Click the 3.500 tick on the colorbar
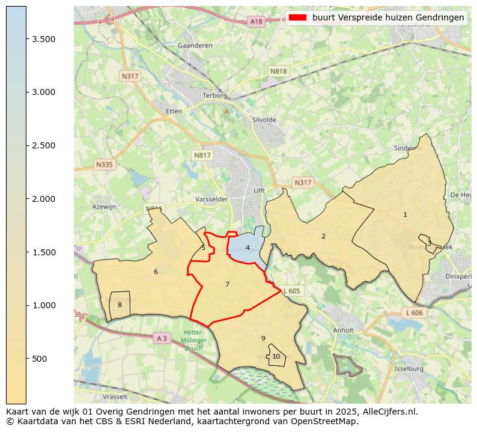coord(26,39)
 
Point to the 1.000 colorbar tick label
coord(44,305)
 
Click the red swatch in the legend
coord(297,17)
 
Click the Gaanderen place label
coord(192,46)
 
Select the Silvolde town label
coord(264,120)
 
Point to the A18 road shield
coord(257,22)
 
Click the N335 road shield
coord(104,164)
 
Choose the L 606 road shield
coord(415,313)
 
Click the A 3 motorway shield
coord(162,338)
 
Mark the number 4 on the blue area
coord(248,248)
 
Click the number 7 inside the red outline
coord(227,284)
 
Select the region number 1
coord(405,214)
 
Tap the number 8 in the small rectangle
coord(120,305)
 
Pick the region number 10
coord(276,356)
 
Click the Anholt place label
coord(343,330)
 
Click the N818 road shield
coord(279,71)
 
